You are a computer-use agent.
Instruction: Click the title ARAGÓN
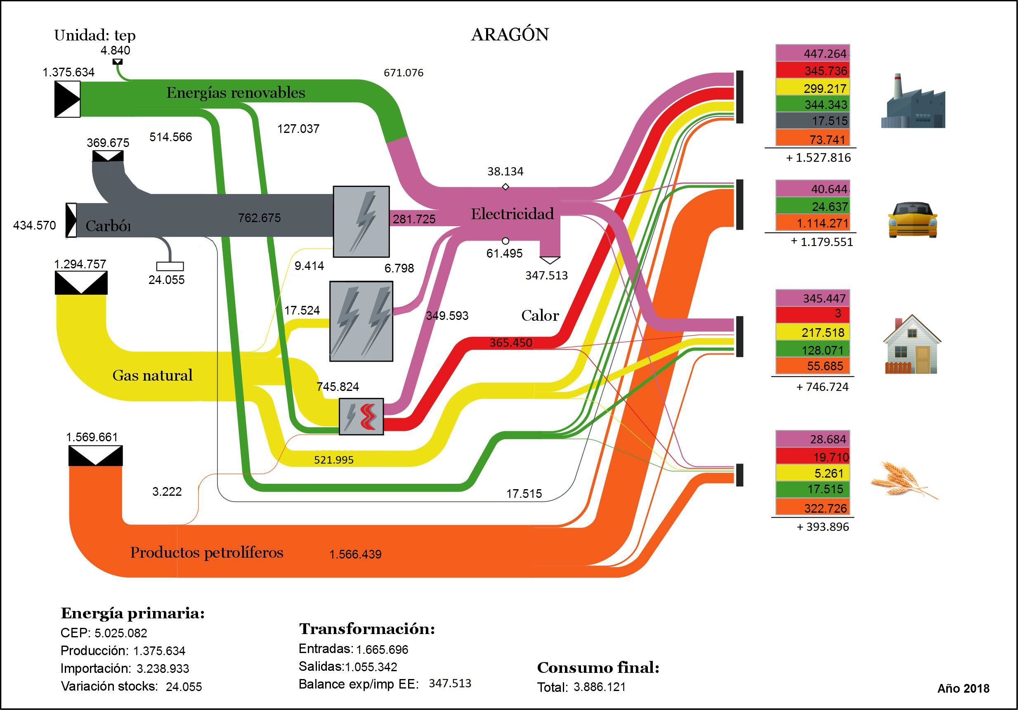[510, 35]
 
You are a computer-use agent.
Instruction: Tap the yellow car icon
[912, 220]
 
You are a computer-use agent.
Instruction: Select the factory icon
[912, 103]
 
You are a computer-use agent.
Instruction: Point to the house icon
[912, 345]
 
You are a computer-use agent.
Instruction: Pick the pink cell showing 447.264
[812, 53]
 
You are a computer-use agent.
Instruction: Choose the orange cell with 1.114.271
[812, 223]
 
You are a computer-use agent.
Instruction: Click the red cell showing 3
[812, 314]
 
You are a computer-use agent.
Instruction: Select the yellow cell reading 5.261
[812, 473]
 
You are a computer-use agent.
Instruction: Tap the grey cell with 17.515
[812, 121]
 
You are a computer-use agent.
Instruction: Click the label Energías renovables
[236, 93]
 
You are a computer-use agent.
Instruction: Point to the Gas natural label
[152, 376]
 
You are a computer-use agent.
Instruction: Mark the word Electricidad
[512, 214]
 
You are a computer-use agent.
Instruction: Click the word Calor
[540, 315]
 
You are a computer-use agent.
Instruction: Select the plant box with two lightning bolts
[361, 321]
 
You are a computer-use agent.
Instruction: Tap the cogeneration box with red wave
[361, 416]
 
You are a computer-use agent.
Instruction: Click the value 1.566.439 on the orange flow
[355, 554]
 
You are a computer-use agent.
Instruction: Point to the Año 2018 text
[963, 688]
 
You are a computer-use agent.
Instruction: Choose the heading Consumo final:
[598, 667]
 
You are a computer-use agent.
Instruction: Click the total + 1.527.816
[818, 158]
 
